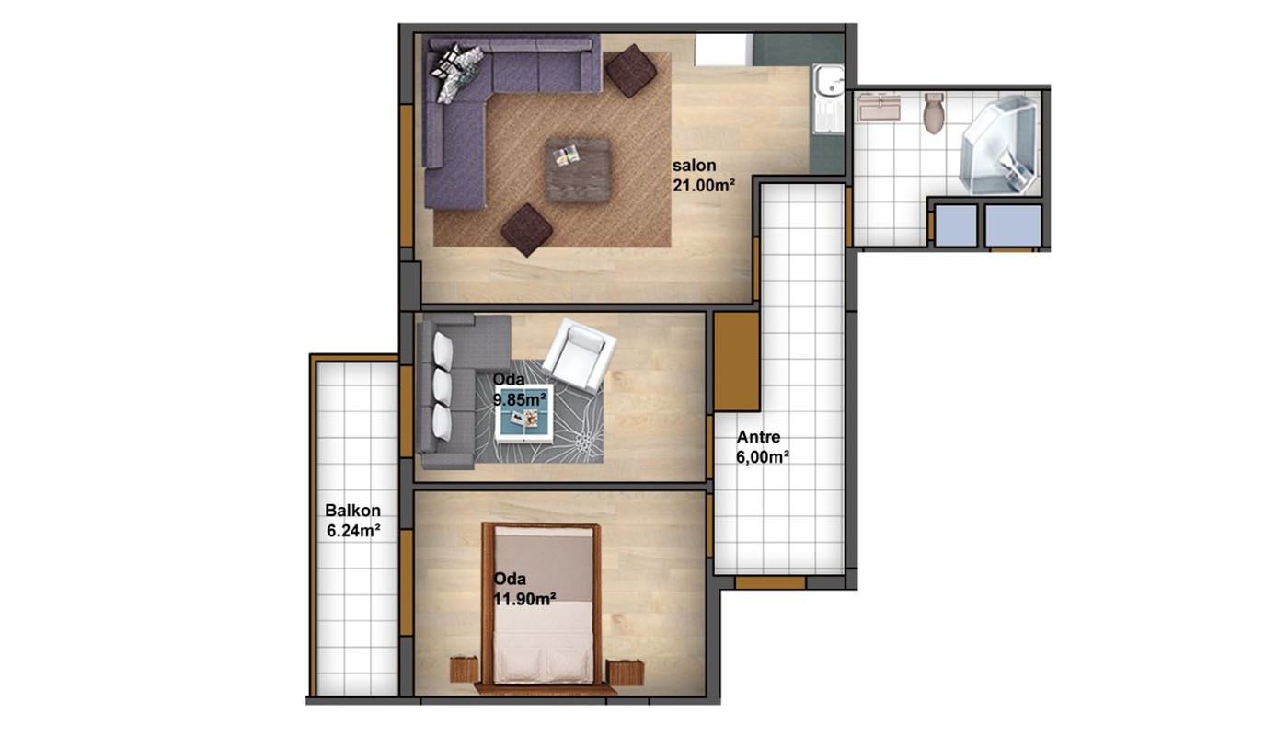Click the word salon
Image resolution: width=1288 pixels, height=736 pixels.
[694, 166]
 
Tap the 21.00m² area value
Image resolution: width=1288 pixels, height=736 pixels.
[704, 186]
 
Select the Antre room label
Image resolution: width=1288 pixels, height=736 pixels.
[758, 437]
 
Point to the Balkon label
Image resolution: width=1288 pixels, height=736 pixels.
[352, 511]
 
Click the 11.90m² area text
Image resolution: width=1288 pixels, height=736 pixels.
[524, 599]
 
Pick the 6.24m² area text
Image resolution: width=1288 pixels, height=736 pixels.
[353, 531]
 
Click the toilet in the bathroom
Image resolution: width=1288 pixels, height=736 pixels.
[933, 112]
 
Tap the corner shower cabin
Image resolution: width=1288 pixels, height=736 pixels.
[1001, 145]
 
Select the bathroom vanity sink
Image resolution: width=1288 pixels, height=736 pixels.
[879, 108]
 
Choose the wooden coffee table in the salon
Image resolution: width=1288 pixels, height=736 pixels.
[578, 169]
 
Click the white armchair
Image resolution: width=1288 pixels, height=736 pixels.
[580, 355]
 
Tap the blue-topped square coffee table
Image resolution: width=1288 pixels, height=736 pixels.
[523, 413]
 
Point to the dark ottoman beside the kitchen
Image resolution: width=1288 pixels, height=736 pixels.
[631, 71]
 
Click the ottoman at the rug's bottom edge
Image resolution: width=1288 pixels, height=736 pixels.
[526, 230]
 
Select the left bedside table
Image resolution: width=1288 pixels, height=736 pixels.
[464, 670]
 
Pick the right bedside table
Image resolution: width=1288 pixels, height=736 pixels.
[626, 673]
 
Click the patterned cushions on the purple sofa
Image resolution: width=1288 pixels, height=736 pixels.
[458, 73]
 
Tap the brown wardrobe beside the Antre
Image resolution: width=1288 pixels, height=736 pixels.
[737, 361]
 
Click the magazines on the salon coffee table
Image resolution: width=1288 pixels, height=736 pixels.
[566, 155]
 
